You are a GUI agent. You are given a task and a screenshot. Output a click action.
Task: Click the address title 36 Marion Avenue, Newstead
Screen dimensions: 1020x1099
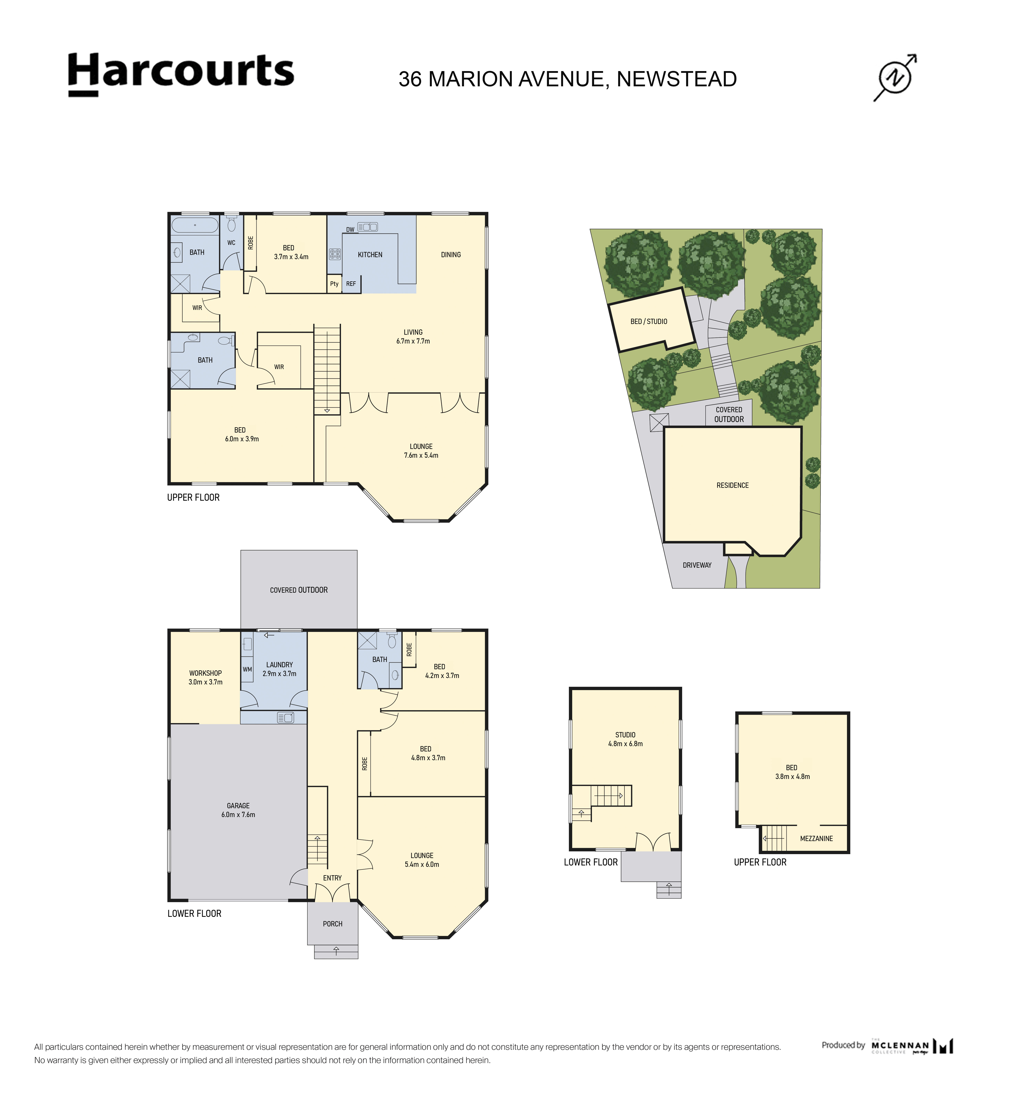(567, 79)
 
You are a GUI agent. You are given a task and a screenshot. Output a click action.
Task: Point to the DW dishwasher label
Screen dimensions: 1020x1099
(350, 230)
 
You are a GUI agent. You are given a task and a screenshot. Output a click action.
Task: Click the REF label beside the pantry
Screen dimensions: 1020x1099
(351, 284)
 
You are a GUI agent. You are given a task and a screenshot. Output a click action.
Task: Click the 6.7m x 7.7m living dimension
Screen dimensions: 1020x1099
(413, 341)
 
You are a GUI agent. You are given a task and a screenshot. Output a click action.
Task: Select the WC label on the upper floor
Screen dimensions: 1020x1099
(231, 243)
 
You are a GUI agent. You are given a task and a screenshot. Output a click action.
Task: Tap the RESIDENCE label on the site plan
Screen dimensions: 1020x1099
(732, 485)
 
